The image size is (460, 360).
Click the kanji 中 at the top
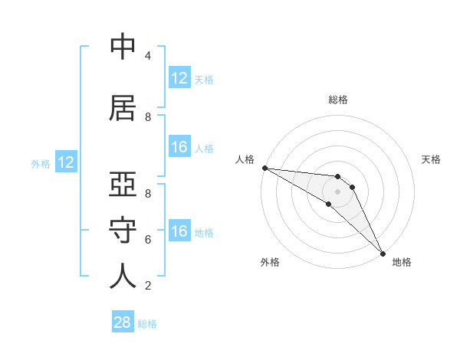123,47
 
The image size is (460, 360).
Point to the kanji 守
123,231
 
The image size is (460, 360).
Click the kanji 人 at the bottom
123,276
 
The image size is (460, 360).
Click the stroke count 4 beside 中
148,55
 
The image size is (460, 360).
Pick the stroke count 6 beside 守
148,239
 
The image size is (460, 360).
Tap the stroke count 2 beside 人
148,285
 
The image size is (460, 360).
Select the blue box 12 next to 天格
179,78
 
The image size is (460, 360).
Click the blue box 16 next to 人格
179,147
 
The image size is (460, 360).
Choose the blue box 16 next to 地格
179,231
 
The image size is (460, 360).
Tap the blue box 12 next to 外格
66,162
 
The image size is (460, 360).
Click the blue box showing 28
123,322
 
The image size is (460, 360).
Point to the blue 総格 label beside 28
147,324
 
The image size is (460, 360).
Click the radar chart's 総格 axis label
338,100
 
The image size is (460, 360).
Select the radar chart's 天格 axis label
432,159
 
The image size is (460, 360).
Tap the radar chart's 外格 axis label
270,262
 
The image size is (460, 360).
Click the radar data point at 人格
264,168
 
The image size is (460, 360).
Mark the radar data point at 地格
383,253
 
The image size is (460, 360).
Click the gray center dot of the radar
338,191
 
